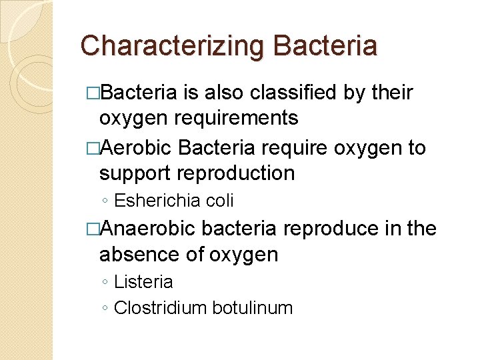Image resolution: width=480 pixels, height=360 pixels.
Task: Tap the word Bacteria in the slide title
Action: [x=325, y=46]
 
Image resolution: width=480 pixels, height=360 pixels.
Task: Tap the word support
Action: [x=134, y=173]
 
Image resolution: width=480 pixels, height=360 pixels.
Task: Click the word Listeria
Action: [x=143, y=282]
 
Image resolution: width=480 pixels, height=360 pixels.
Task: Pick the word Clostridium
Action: [x=161, y=308]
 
